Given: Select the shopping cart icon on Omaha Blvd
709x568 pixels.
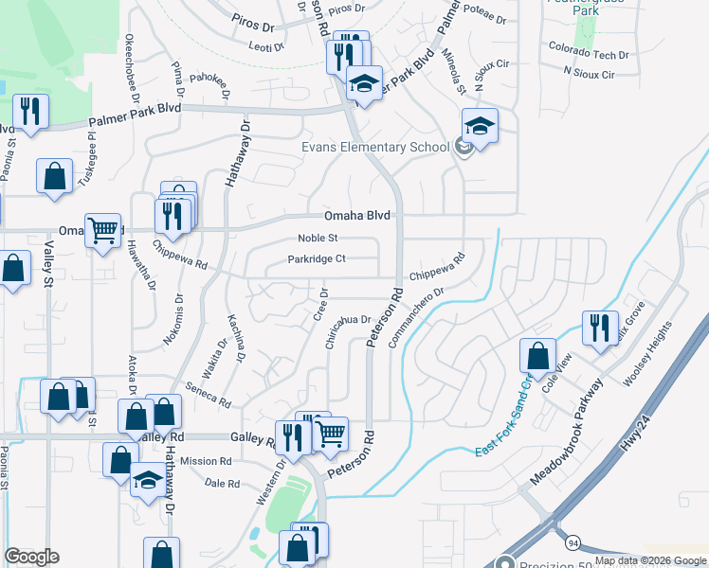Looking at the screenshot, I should click(x=102, y=228).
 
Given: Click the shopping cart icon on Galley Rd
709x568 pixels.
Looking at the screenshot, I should click(x=330, y=434).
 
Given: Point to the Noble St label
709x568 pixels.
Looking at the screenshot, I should click(x=318, y=239).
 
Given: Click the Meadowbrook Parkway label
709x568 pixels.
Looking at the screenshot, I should click(x=567, y=432).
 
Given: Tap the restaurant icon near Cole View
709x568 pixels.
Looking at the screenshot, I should click(x=600, y=328).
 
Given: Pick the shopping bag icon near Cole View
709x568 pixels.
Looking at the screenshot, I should click(x=537, y=356).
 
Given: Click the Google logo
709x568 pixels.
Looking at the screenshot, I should click(x=32, y=557).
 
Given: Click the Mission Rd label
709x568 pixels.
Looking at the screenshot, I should click(x=206, y=461).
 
